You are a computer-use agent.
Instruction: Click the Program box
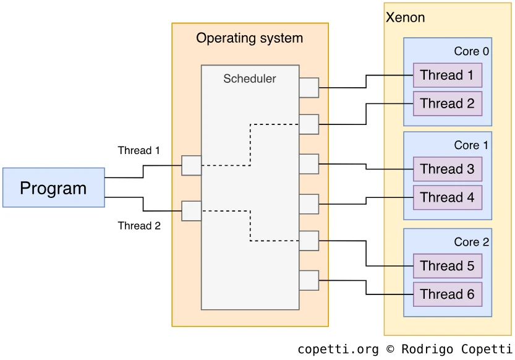click(53, 187)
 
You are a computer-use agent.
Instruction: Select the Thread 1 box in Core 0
click(447, 75)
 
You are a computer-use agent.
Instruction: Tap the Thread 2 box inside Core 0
click(447, 104)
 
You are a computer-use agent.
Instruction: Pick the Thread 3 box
click(447, 169)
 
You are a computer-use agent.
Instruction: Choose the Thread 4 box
click(447, 198)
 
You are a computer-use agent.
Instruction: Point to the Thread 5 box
click(447, 266)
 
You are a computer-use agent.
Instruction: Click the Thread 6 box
click(447, 294)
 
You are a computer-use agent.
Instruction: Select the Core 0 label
click(471, 51)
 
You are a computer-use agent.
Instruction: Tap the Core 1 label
click(471, 145)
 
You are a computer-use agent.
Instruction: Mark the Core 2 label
click(471, 242)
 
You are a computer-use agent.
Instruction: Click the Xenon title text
click(405, 17)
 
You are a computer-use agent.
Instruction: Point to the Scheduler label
click(249, 79)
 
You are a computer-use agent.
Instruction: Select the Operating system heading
click(249, 38)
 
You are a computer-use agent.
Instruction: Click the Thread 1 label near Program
click(139, 150)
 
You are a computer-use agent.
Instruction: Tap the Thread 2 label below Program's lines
click(139, 226)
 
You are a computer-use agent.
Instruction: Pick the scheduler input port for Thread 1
click(191, 166)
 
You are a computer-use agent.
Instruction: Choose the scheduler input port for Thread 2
click(191, 211)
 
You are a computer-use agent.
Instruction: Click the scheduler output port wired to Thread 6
click(309, 280)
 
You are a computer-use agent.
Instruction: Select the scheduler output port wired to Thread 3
click(309, 164)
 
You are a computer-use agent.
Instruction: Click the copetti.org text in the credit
click(338, 349)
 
